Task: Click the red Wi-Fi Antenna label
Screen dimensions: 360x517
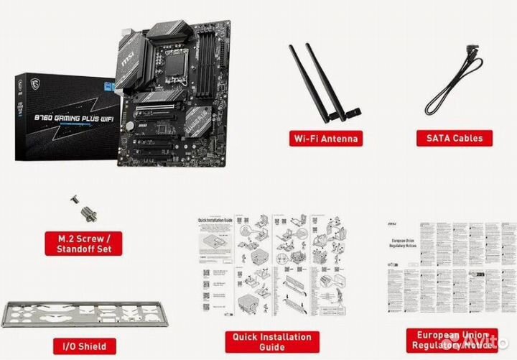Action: point(324,138)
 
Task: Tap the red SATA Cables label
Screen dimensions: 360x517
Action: point(455,137)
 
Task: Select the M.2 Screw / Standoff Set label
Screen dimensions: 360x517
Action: point(83,242)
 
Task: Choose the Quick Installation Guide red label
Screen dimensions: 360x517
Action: point(271,341)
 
